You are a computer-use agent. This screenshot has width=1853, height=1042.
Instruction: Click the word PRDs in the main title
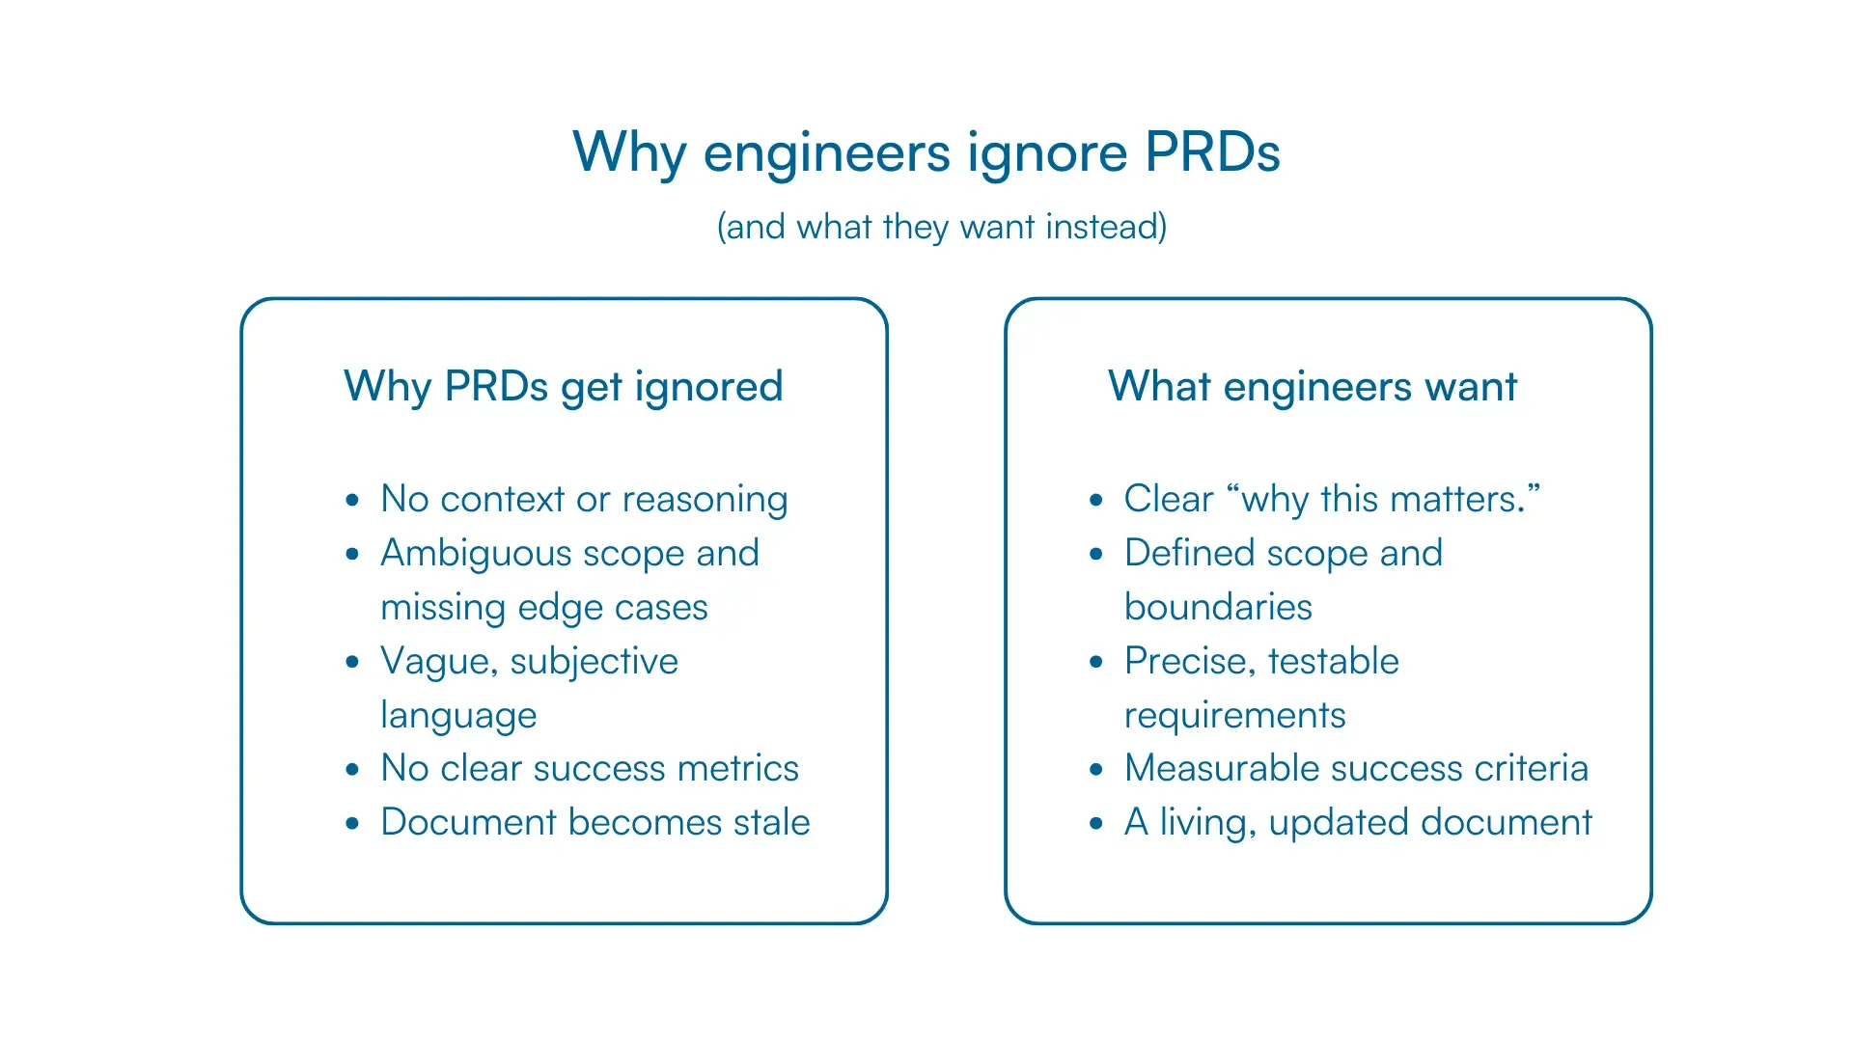click(1212, 152)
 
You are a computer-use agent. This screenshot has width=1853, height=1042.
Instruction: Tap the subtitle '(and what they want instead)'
click(941, 227)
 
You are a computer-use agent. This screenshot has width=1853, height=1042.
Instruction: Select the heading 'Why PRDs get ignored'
click(563, 387)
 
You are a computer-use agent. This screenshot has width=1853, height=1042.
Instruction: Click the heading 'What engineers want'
click(1313, 387)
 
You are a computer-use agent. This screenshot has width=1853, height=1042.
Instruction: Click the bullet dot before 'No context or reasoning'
click(352, 500)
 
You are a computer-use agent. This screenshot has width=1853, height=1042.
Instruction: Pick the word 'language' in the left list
click(458, 716)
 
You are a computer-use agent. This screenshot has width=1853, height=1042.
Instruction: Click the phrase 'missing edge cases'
click(544, 608)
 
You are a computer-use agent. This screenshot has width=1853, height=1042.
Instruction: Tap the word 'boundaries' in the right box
click(1218, 608)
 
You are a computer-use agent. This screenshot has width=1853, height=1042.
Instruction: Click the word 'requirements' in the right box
click(1234, 716)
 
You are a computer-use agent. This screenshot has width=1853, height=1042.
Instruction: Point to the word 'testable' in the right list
click(1333, 662)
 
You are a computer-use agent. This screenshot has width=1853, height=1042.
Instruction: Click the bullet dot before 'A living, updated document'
click(1096, 823)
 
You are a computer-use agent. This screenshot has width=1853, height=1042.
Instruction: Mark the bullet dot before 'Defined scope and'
click(1096, 554)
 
